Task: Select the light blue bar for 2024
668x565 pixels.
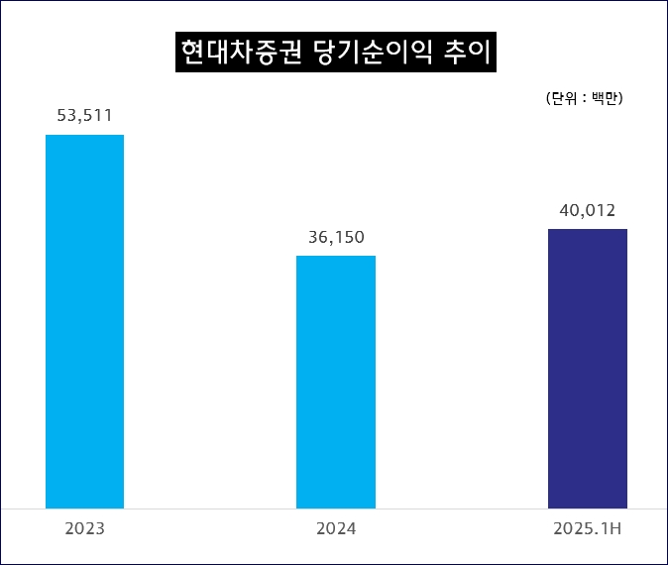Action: click(x=336, y=382)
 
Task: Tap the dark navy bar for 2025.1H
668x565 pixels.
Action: click(x=588, y=368)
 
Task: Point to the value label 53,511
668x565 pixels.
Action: click(x=85, y=116)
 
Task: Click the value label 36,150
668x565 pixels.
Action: click(x=336, y=237)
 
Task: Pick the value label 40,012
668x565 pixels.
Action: click(x=587, y=210)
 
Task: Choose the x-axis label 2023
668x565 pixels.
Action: click(x=85, y=529)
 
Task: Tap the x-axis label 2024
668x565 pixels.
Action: click(x=336, y=529)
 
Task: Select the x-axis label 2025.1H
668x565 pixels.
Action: click(x=587, y=529)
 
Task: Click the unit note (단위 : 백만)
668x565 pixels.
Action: click(x=584, y=98)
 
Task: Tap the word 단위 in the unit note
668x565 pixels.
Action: click(x=563, y=98)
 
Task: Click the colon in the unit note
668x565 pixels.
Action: click(x=584, y=98)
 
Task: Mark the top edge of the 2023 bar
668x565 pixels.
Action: click(x=85, y=135)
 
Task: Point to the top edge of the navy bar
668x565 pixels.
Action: click(x=588, y=229)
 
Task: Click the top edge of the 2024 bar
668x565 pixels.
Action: click(x=336, y=256)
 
